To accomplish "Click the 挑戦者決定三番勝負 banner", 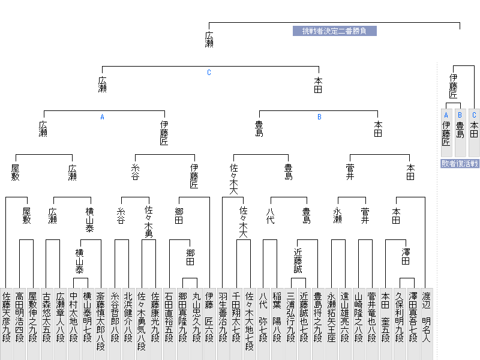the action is coord(335,31).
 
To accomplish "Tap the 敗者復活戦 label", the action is coord(460,163).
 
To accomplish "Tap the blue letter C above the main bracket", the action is coord(209,73).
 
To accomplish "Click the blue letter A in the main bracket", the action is coord(102,117).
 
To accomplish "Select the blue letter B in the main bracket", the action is coord(319,117).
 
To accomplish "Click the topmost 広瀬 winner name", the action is coord(209,40).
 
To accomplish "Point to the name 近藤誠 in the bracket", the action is coord(298,261).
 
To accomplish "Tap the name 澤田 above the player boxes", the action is coord(406,257).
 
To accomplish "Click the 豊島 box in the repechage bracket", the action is coord(460,133).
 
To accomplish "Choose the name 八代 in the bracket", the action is coord(271,216).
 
